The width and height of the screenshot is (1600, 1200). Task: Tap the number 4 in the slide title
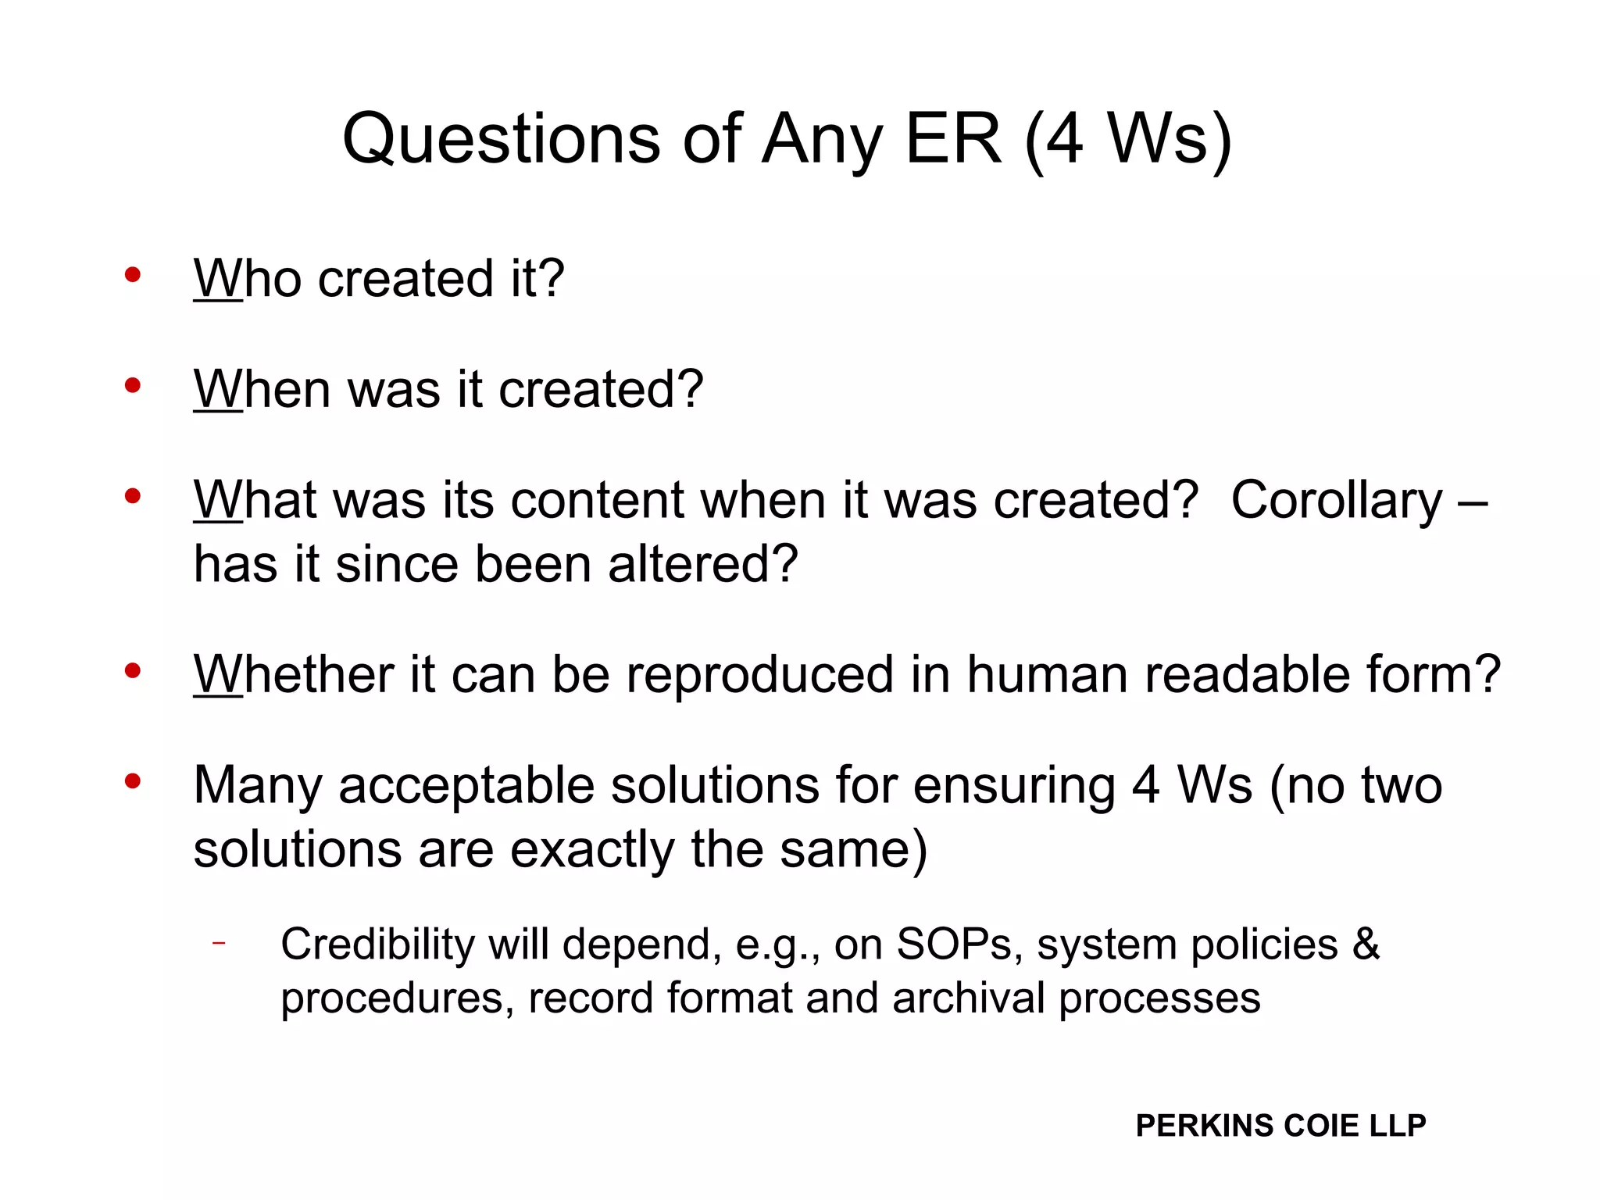pyautogui.click(x=1065, y=139)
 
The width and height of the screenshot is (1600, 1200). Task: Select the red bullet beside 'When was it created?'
pyautogui.click(x=133, y=385)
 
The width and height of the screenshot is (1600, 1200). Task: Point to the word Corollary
pyautogui.click(x=1336, y=502)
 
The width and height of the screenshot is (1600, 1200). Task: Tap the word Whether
pyautogui.click(x=294, y=674)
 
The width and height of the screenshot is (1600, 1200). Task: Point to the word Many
pyautogui.click(x=258, y=786)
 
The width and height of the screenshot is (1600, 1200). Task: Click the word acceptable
pyautogui.click(x=466, y=786)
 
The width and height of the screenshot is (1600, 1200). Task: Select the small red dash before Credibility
pyautogui.click(x=219, y=943)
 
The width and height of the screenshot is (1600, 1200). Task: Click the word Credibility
pyautogui.click(x=377, y=945)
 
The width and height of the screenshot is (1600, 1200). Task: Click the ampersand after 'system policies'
pyautogui.click(x=1366, y=945)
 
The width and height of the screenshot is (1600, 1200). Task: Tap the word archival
pyautogui.click(x=968, y=998)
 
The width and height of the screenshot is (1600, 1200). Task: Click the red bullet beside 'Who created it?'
pyautogui.click(x=133, y=274)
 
